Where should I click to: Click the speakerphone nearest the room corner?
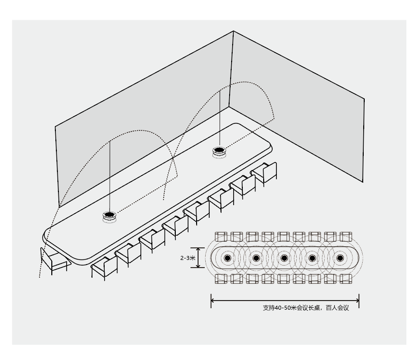coord(219,152)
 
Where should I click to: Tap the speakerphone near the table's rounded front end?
coord(109,217)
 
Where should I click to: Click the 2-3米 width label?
coord(188,258)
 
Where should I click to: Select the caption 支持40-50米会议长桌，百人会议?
coord(306,308)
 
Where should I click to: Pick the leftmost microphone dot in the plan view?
coord(228,258)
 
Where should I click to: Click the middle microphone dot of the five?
coord(284,258)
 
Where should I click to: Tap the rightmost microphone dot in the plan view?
coord(340,258)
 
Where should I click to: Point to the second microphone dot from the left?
coord(256,258)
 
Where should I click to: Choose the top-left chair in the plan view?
coord(221,237)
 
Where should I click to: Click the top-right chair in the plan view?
coord(346,237)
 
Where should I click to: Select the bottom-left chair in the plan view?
coord(221,279)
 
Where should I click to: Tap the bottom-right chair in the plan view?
coord(346,279)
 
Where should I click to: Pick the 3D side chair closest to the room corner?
coord(265,173)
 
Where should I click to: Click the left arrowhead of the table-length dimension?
coord(212,301)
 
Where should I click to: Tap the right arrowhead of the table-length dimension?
coord(358,301)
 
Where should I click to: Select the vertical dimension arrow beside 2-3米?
coord(198,258)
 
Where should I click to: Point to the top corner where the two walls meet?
coord(233,31)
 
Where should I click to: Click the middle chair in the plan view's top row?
coord(283,237)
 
